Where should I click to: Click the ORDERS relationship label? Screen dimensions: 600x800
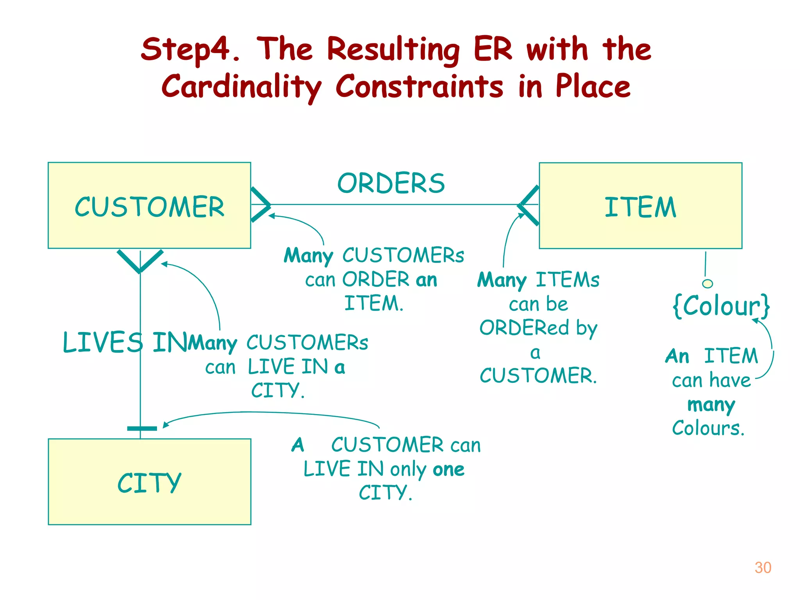391,183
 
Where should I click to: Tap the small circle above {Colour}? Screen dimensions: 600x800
707,284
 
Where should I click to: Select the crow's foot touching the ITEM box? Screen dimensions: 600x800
529,205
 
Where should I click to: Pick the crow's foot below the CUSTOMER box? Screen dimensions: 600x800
140,261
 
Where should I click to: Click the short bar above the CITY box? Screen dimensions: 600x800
142,429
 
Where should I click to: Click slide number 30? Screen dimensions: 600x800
762,568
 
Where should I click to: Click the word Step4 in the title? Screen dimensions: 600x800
186,49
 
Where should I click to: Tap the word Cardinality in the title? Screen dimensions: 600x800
241,87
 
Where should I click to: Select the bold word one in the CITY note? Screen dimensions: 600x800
448,469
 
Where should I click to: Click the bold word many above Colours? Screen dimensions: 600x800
711,405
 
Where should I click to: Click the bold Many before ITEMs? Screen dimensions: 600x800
502,280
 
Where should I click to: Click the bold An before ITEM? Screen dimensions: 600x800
677,356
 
